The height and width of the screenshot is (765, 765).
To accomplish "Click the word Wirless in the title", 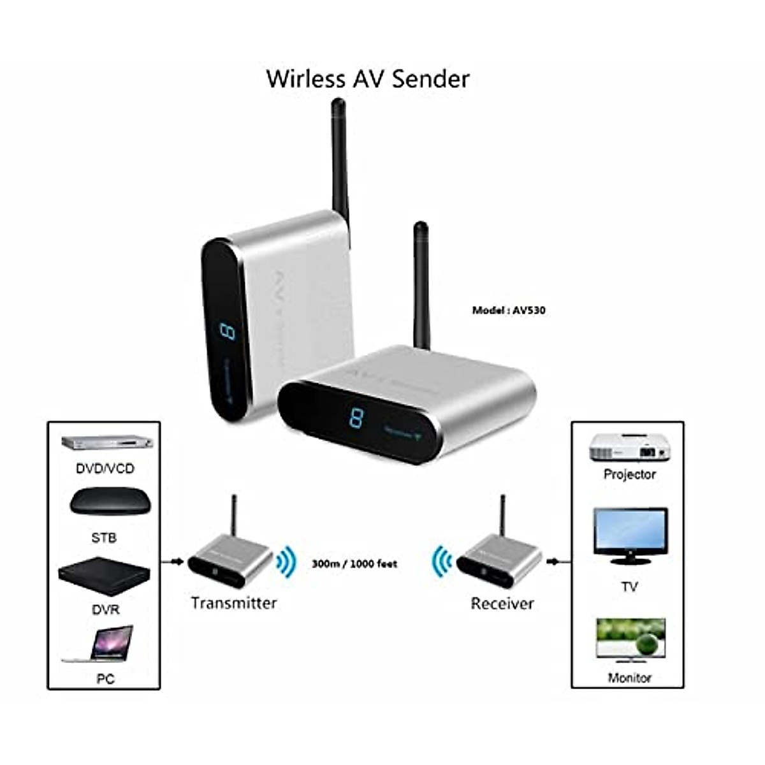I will pyautogui.click(x=304, y=78).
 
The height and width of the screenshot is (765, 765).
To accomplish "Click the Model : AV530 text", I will pyautogui.click(x=508, y=310).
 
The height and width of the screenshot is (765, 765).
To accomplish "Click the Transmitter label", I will pyautogui.click(x=234, y=602).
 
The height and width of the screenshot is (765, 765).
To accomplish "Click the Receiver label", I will pyautogui.click(x=502, y=603).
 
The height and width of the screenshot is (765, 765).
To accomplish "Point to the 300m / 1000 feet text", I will pyautogui.click(x=354, y=564).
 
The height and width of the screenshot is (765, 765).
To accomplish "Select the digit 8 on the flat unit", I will pyautogui.click(x=356, y=418).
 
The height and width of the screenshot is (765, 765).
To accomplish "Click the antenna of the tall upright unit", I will pyautogui.click(x=339, y=159).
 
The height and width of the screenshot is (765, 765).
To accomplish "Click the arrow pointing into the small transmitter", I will pyautogui.click(x=171, y=562).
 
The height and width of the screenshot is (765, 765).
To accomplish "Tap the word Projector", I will pyautogui.click(x=629, y=474).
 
